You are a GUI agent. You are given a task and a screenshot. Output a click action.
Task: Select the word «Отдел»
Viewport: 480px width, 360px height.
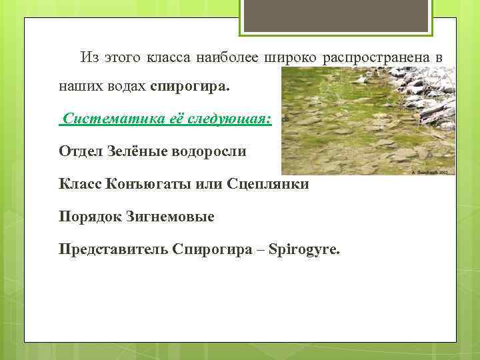tap(80, 151)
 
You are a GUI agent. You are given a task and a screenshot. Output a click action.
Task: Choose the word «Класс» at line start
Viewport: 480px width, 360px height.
tap(80, 183)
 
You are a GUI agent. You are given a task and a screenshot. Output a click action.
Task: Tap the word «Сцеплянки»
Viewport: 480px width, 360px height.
tap(268, 183)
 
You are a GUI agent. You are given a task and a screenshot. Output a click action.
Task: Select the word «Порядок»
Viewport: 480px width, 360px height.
tap(89, 217)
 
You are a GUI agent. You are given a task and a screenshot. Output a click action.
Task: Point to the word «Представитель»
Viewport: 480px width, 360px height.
tap(113, 249)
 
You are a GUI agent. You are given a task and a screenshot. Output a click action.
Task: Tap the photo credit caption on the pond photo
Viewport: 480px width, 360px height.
tap(434, 171)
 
